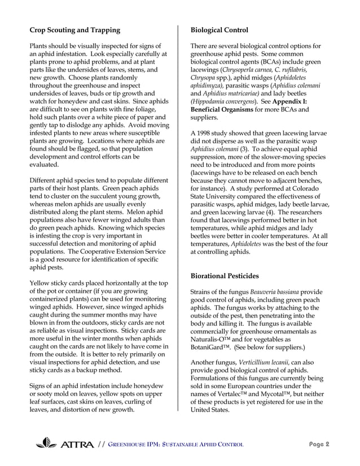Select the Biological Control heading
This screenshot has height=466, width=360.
coord(219,29)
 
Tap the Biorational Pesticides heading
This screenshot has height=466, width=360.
coord(225,276)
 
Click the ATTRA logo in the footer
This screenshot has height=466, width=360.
coord(64,444)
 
